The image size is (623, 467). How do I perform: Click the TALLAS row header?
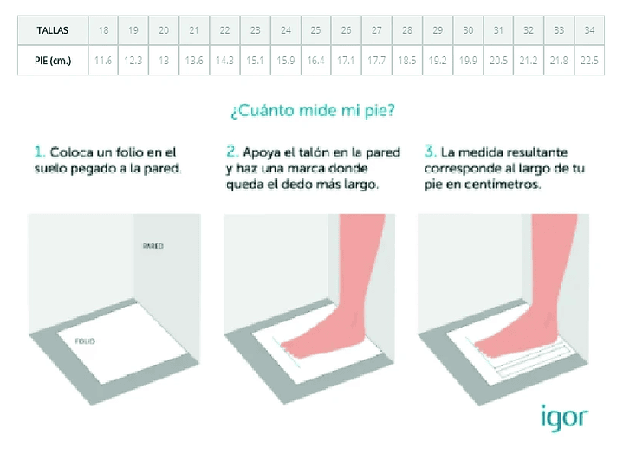click(53, 30)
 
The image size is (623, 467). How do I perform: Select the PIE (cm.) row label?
click(53, 61)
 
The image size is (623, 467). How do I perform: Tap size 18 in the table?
click(103, 30)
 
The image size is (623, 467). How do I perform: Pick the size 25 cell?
click(316, 30)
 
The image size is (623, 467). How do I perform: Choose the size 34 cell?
click(589, 30)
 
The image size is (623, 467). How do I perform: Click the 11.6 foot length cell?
click(103, 61)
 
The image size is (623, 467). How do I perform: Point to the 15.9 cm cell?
click(286, 61)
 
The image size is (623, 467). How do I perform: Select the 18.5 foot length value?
click(407, 61)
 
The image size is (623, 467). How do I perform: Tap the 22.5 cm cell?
click(589, 61)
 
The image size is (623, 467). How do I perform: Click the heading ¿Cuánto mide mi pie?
click(313, 111)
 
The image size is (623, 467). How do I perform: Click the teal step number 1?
click(39, 152)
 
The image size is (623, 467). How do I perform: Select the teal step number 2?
click(232, 152)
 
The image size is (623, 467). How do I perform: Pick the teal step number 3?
click(430, 152)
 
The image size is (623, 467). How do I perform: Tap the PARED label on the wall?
click(153, 245)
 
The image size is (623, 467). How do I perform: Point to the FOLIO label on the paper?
click(85, 341)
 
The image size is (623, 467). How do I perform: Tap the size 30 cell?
click(468, 30)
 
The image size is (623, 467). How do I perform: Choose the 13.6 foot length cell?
click(194, 61)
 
